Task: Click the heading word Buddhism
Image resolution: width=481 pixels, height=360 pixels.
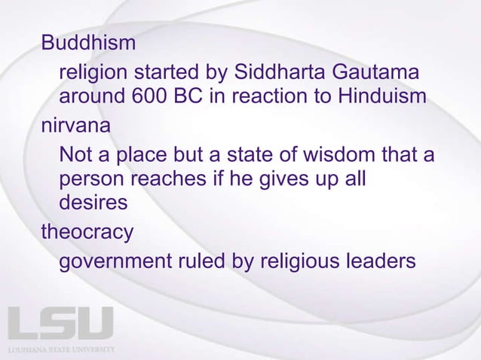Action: (x=89, y=43)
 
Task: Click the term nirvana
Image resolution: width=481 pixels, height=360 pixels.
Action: (x=75, y=127)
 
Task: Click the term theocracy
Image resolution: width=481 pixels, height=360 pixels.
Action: (x=87, y=231)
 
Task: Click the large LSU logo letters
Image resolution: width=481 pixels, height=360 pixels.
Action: (x=60, y=324)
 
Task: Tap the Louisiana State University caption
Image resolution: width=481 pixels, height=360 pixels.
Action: (x=61, y=350)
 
